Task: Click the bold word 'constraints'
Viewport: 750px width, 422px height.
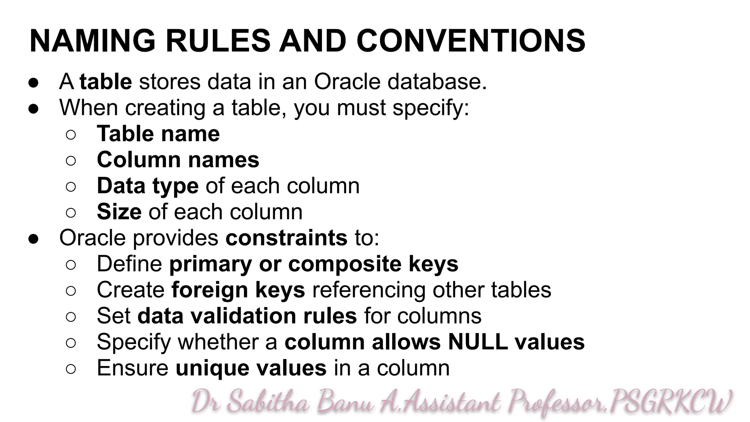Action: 286,238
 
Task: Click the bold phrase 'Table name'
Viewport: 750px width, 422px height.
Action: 158,134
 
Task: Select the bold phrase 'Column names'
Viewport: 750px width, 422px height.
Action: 178,160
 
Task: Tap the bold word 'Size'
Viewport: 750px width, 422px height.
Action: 119,212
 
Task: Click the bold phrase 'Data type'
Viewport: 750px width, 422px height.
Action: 148,186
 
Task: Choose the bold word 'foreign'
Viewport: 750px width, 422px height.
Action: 209,290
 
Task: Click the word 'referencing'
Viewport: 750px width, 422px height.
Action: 369,290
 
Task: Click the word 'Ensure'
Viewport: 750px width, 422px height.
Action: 133,368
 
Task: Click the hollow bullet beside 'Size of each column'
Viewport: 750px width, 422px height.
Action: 71,212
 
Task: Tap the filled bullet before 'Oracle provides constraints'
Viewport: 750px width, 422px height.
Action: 33,238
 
